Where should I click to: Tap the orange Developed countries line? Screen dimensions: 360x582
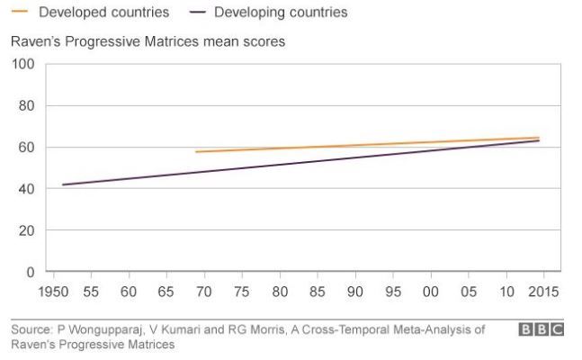click(x=360, y=145)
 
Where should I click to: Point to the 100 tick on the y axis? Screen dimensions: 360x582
click(x=22, y=64)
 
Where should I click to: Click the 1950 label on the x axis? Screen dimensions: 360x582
click(x=53, y=292)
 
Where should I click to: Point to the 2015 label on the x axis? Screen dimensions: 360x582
click(x=543, y=292)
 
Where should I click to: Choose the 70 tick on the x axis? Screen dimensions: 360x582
click(x=203, y=292)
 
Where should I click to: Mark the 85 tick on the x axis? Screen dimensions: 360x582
click(x=317, y=292)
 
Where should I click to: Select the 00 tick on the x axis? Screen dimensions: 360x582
click(x=430, y=292)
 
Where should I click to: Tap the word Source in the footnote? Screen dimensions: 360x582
click(x=28, y=330)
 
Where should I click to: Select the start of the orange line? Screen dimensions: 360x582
click(x=196, y=151)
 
